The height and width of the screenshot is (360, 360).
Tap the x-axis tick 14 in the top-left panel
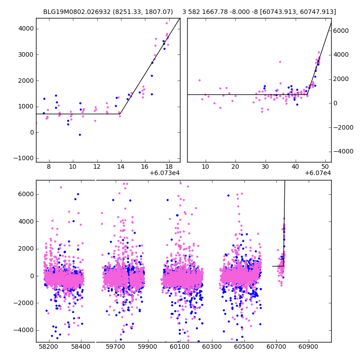point(121,167)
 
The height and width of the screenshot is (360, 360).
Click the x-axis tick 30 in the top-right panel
point(265,167)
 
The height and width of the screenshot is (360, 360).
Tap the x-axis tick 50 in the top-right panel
point(325,167)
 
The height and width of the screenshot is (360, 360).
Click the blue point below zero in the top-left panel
point(80,135)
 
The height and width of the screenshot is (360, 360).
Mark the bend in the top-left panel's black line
point(120,114)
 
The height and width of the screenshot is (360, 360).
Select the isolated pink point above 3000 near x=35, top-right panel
point(280,62)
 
